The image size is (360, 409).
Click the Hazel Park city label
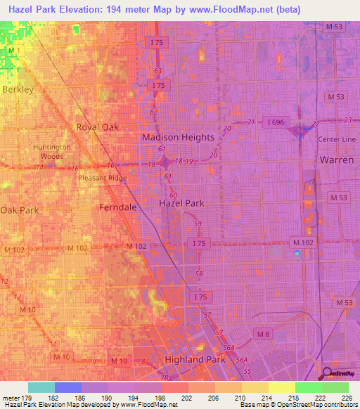pos(181,202)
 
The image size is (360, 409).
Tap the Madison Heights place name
pos(178,137)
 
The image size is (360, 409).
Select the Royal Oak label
pos(97,127)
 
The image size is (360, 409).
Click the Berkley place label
pos(18,90)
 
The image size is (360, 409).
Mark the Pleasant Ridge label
pos(103,178)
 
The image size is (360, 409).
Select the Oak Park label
pos(19,210)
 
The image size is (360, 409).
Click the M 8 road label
pos(263,333)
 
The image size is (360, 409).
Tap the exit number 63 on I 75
pos(157,71)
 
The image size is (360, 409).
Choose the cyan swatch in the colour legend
pos(41,387)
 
